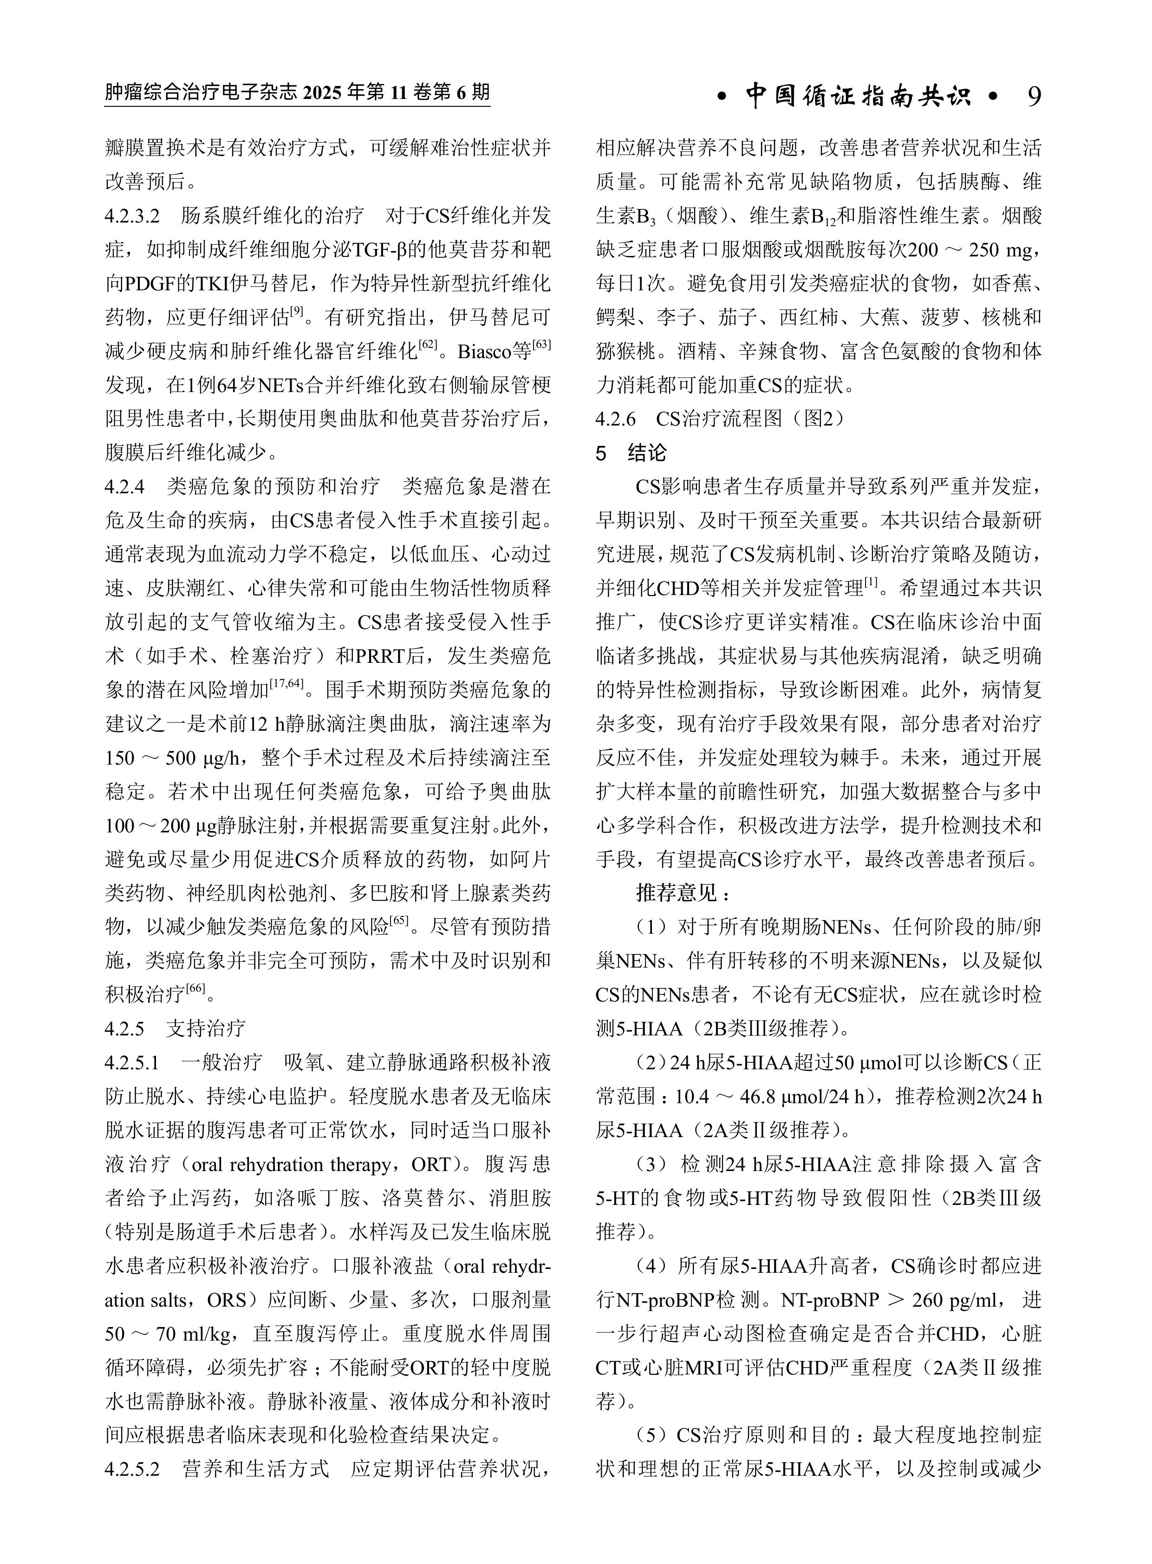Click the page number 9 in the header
tap(1034, 96)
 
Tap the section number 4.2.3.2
tap(132, 216)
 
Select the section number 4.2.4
tap(125, 486)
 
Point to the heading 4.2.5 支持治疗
tap(175, 1028)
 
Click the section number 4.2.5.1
tap(132, 1062)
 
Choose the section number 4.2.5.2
tap(132, 1468)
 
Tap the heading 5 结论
tap(631, 453)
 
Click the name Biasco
tap(485, 352)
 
